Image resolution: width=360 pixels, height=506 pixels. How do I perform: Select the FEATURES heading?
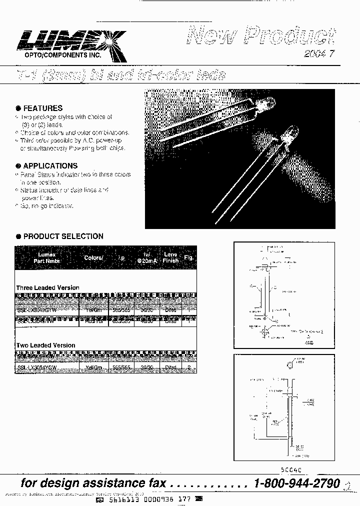[43, 108]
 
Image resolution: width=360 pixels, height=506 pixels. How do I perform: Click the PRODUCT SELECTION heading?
[63, 236]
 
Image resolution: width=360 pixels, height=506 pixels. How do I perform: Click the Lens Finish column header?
[170, 257]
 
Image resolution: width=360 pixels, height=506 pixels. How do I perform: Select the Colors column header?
[93, 258]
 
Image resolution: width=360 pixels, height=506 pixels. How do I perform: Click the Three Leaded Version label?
[47, 288]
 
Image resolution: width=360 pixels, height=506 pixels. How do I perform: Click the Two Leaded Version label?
[45, 345]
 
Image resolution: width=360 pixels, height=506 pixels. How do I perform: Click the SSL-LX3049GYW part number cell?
[37, 310]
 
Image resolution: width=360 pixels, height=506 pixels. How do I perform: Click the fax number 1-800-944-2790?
[297, 483]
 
